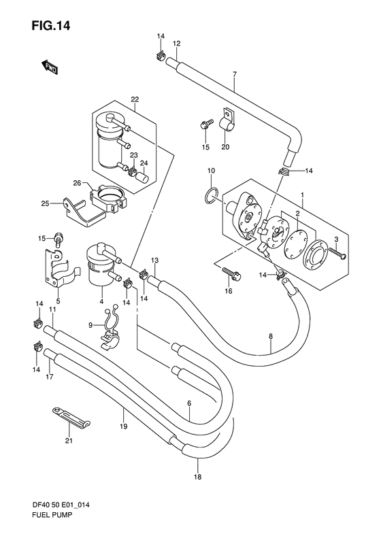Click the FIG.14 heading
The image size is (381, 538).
point(51,25)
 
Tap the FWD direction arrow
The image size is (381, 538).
point(50,67)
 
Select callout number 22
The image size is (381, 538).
point(135,99)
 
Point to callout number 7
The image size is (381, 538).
point(235,74)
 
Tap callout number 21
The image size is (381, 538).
point(69,441)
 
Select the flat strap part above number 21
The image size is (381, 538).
point(71,416)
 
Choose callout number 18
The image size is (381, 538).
point(198,477)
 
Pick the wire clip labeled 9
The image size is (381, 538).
point(110,328)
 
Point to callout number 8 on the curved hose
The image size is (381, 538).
point(271,337)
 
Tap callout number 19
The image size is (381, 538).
point(124,426)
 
